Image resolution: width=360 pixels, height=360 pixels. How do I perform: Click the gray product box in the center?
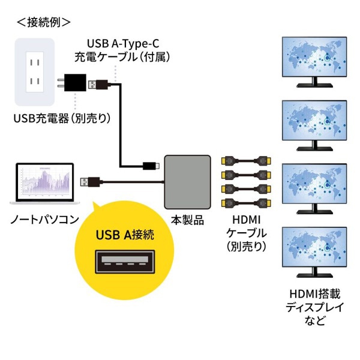coord(188,178)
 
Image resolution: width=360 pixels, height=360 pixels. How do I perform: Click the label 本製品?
coord(187,219)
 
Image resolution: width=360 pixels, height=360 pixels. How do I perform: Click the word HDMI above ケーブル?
coord(245,219)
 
